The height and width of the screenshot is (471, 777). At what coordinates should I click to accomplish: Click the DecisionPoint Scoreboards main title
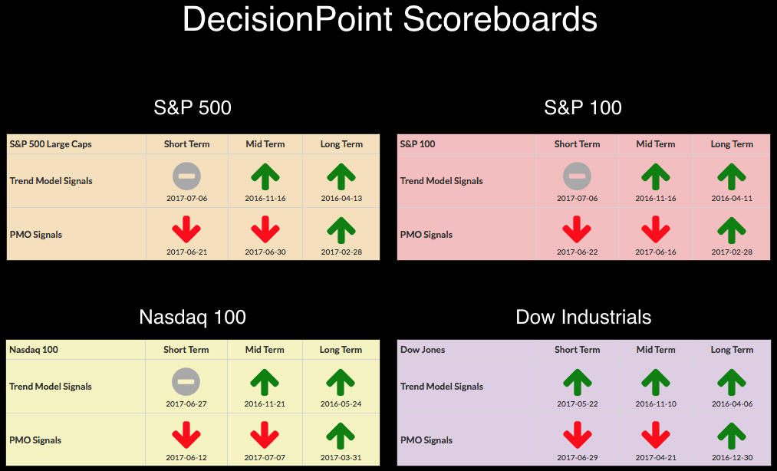(x=390, y=20)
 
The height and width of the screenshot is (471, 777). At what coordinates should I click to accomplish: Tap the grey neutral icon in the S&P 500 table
(x=187, y=176)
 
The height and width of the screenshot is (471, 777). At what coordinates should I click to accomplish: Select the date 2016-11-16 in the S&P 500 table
(x=265, y=199)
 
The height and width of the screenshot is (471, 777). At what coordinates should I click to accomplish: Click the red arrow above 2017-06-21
(x=186, y=229)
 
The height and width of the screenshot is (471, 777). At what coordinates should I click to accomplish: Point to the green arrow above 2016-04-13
(x=341, y=176)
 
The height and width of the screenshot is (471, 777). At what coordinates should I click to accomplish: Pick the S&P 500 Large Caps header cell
(x=51, y=144)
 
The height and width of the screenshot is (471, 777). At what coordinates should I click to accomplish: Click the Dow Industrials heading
(x=583, y=317)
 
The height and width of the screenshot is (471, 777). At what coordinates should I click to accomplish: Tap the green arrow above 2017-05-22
(x=578, y=382)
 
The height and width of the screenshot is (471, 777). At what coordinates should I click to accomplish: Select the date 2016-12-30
(x=732, y=458)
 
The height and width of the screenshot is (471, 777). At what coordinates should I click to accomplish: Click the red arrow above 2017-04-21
(x=656, y=435)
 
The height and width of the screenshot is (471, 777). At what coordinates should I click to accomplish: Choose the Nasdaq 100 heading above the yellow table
(x=193, y=317)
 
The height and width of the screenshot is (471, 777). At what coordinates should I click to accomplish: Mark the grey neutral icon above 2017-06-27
(x=186, y=382)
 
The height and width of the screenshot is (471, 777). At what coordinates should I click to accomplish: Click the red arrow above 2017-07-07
(x=265, y=435)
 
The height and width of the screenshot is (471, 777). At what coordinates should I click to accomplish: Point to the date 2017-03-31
(x=341, y=458)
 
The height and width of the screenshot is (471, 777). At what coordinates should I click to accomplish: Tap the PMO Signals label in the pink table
(x=426, y=235)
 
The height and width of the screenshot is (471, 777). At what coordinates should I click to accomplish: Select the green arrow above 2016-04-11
(x=732, y=176)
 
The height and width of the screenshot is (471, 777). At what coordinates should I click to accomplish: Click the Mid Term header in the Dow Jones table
(x=656, y=350)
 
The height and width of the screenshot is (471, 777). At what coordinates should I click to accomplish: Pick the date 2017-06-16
(x=656, y=252)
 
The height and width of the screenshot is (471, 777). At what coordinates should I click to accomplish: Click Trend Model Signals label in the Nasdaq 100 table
(x=51, y=387)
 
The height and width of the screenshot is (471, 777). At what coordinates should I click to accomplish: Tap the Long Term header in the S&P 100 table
(x=732, y=144)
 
